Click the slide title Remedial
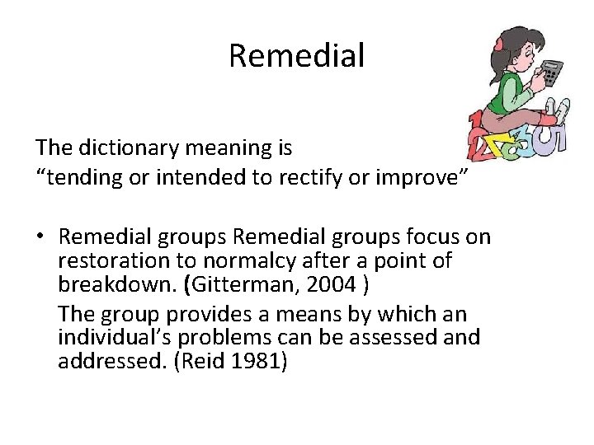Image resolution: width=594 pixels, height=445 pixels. pos(296,56)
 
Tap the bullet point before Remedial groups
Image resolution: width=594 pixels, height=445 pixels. pos(41,238)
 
